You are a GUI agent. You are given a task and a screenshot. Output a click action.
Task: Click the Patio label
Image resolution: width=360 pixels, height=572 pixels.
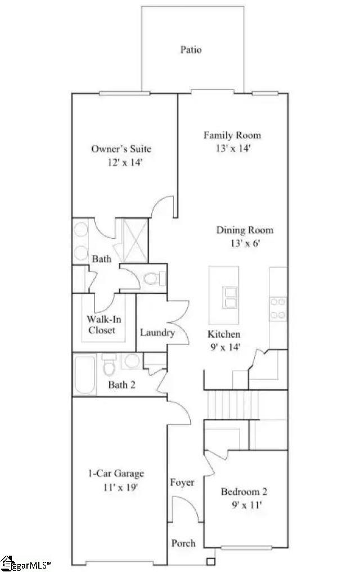[191, 50]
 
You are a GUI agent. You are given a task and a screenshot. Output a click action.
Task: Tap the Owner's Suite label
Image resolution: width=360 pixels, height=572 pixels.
[121, 149]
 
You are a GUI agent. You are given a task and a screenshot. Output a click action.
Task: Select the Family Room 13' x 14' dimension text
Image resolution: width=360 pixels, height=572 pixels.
[232, 149]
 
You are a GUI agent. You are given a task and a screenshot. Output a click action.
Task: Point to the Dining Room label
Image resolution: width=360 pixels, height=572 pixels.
[245, 230]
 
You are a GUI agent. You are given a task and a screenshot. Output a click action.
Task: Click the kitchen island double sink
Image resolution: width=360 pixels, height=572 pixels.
[229, 297]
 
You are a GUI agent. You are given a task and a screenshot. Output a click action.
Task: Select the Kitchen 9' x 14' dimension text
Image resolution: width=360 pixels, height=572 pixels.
[224, 347]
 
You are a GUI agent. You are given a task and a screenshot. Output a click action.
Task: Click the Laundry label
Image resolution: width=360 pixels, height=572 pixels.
[157, 333]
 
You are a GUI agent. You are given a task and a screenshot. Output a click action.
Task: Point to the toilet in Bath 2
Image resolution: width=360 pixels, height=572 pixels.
[110, 367]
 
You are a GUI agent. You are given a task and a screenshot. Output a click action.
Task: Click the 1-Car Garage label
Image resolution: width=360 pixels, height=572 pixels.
[115, 473]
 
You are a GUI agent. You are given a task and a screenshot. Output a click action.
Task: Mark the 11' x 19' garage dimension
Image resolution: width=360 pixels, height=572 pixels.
[116, 487]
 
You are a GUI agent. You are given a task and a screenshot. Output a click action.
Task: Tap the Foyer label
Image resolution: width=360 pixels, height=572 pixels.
[182, 482]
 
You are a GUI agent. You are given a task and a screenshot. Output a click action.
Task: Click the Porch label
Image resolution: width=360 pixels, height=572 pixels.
[183, 543]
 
